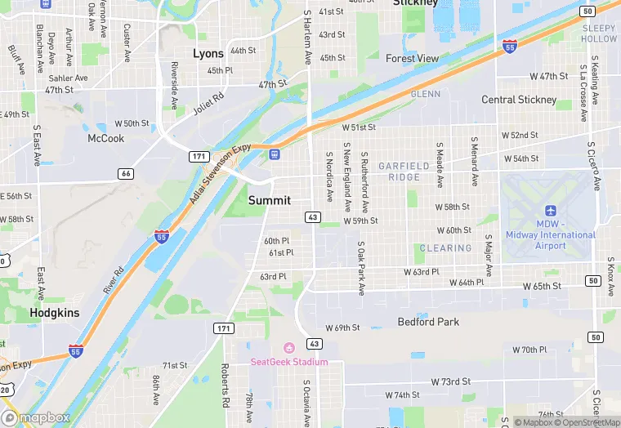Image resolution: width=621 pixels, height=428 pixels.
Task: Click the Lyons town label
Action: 208,53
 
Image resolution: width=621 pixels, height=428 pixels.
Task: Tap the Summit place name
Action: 269,200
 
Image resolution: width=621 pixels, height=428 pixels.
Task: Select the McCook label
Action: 106,138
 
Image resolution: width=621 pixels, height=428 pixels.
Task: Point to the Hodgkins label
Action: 54,312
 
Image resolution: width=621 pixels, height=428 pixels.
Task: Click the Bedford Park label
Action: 428,322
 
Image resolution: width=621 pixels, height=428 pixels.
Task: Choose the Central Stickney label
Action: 519,100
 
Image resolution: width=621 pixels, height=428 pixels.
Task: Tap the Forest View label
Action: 412,59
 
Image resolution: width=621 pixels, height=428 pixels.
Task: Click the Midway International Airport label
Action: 551,234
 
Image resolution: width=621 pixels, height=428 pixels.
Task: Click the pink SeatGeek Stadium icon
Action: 288,349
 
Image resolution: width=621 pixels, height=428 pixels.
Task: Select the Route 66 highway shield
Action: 125,173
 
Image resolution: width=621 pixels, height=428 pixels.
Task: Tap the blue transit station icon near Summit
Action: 275,154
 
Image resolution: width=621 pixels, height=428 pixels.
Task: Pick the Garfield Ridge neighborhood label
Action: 404,172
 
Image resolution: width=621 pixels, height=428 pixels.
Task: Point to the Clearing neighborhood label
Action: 445,248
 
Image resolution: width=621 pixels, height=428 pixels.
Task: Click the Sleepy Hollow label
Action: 599,33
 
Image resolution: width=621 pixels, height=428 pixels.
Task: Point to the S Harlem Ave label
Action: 307,37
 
